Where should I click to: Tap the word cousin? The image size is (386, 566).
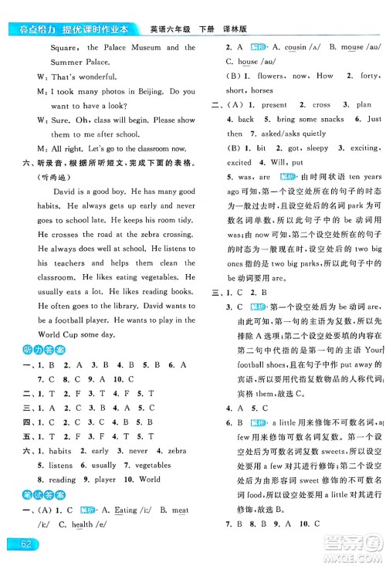pos(289,47)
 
